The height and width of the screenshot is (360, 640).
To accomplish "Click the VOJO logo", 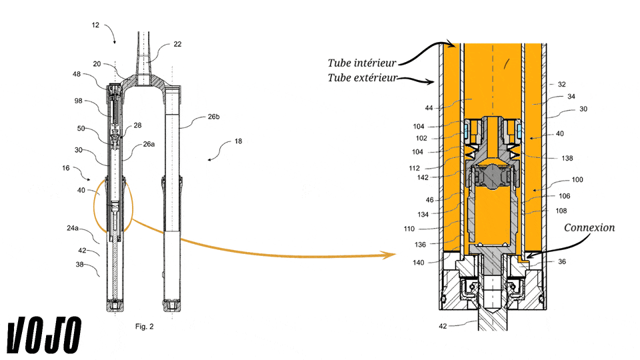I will coord(44,335).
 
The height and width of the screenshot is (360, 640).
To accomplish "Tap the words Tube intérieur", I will coord(362,63).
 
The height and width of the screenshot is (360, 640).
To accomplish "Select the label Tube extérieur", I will coord(362,78).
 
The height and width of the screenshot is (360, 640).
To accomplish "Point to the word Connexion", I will coord(589,228).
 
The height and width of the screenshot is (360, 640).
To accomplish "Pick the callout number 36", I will coord(562,261).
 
